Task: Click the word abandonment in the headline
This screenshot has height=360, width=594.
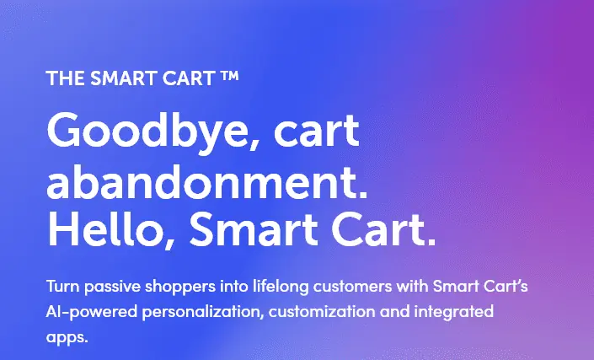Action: click(x=206, y=181)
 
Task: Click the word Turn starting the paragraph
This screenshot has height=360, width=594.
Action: click(x=63, y=286)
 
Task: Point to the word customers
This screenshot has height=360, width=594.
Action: click(x=353, y=286)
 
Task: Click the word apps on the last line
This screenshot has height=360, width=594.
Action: click(x=67, y=338)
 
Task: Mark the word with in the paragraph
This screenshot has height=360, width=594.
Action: click(x=413, y=286)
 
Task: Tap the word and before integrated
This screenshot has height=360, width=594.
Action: click(x=395, y=311)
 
